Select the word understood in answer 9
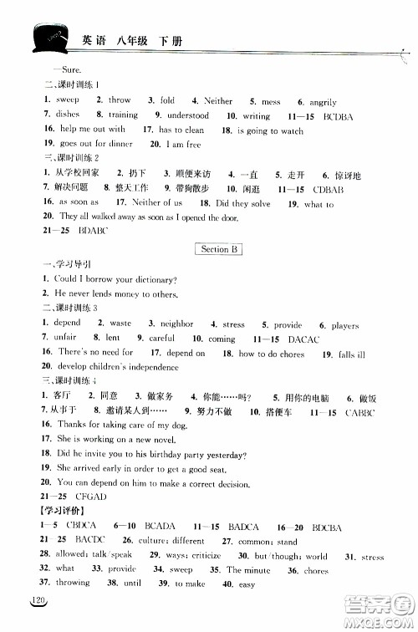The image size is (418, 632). (x=187, y=115)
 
